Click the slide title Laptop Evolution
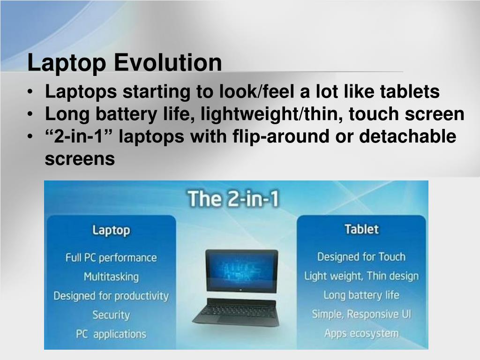[125, 63]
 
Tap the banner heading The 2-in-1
[233, 199]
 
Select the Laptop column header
[111, 230]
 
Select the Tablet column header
[361, 229]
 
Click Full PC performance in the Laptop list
[111, 258]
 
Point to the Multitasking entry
[111, 277]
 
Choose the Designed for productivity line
[111, 296]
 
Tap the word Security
[111, 315]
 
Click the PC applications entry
[111, 334]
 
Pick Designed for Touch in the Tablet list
[361, 257]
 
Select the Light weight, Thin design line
[361, 276]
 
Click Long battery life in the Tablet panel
[361, 295]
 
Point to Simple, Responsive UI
[361, 314]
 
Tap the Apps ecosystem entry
[361, 334]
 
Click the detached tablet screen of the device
[241, 271]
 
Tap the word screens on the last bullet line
[80, 159]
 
